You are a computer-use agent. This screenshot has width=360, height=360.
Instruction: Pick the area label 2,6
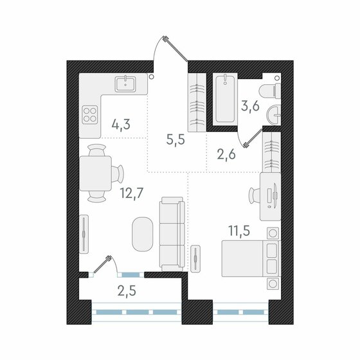click(x=226, y=154)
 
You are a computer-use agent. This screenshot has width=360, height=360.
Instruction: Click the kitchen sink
click(x=124, y=84)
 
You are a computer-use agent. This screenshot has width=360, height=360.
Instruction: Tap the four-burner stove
click(x=90, y=117)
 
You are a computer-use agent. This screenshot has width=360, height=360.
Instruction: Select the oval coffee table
click(x=143, y=235)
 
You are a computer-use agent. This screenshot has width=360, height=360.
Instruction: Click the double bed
click(x=251, y=258)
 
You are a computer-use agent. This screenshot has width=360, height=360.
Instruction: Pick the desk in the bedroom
click(x=269, y=193)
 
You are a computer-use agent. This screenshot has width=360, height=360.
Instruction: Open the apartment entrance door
click(x=168, y=51)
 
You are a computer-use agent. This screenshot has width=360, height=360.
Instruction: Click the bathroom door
click(x=251, y=138)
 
